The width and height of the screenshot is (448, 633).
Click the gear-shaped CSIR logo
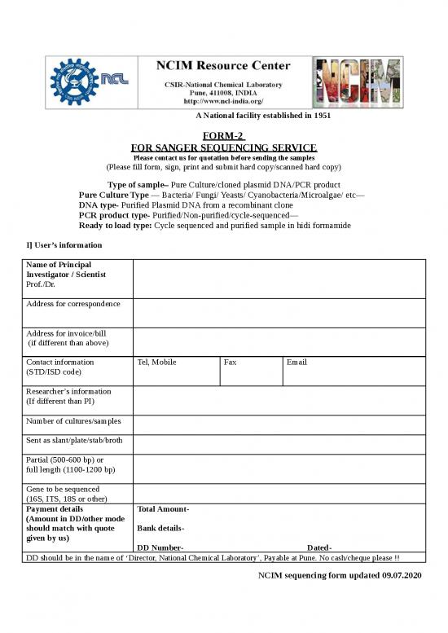tap(73, 81)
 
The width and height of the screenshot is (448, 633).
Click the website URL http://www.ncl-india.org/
tap(222, 102)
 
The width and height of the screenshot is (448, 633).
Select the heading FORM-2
tap(223, 135)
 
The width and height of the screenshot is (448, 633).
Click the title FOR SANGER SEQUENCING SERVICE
tap(223, 147)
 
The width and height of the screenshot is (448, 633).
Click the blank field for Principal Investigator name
tap(278, 279)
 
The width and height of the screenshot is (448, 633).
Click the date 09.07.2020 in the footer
tap(402, 576)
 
